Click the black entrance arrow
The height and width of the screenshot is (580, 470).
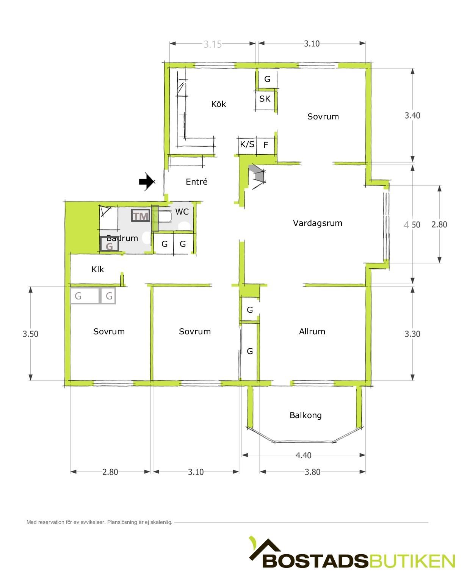[147, 181]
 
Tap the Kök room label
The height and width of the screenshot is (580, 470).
[218, 104]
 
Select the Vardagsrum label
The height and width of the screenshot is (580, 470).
[318, 223]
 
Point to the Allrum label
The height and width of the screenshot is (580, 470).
[312, 331]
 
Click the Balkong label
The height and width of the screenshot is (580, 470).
[305, 415]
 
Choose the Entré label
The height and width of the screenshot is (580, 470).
[197, 181]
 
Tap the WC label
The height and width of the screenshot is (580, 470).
[182, 212]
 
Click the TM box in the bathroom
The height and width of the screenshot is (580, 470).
[141, 216]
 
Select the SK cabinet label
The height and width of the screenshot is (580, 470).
[265, 99]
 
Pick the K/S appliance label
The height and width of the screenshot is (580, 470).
[247, 144]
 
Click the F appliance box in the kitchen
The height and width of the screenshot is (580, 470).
[265, 146]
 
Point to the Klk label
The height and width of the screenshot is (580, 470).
[97, 269]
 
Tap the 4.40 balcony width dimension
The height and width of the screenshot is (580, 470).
[303, 455]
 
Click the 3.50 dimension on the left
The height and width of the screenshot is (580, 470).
[30, 334]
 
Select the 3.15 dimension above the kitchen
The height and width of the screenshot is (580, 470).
[213, 44]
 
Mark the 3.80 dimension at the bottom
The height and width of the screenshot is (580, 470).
[312, 472]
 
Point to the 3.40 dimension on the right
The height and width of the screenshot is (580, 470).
[412, 116]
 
